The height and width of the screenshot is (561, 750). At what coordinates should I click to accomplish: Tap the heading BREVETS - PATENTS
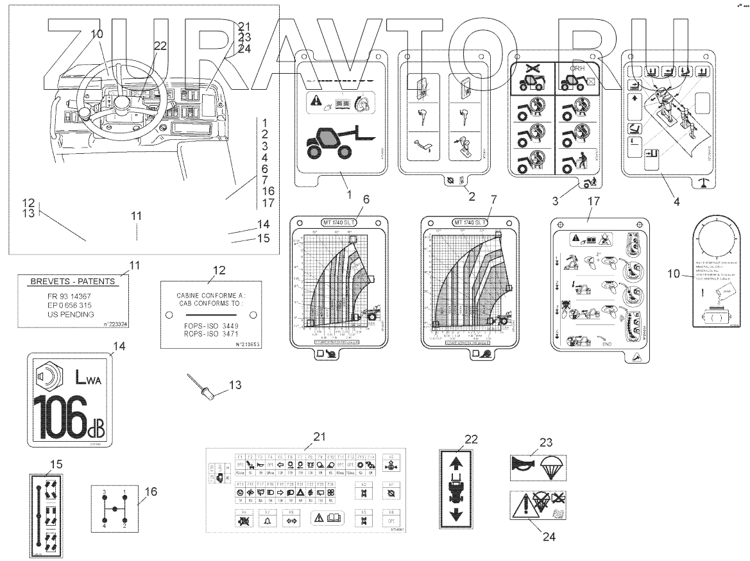coord(73,281)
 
